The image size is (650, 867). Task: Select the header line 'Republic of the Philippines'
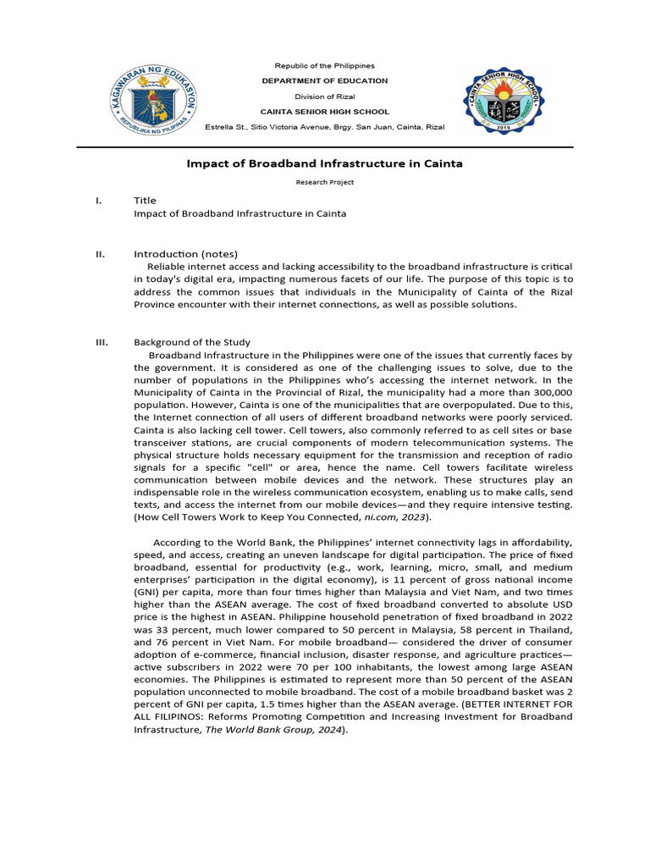[325, 65]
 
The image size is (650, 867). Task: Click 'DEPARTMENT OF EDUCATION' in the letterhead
[325, 80]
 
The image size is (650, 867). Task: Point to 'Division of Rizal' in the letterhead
[325, 97]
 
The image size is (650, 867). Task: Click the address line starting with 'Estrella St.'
[325, 127]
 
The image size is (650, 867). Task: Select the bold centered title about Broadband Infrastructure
[324, 163]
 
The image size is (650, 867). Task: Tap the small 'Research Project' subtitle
[325, 182]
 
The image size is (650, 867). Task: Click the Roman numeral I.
[99, 201]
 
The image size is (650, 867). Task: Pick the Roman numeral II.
[100, 254]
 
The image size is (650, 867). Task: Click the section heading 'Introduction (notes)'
[185, 254]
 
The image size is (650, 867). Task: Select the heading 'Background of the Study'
[192, 342]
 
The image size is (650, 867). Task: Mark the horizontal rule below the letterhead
[325, 147]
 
